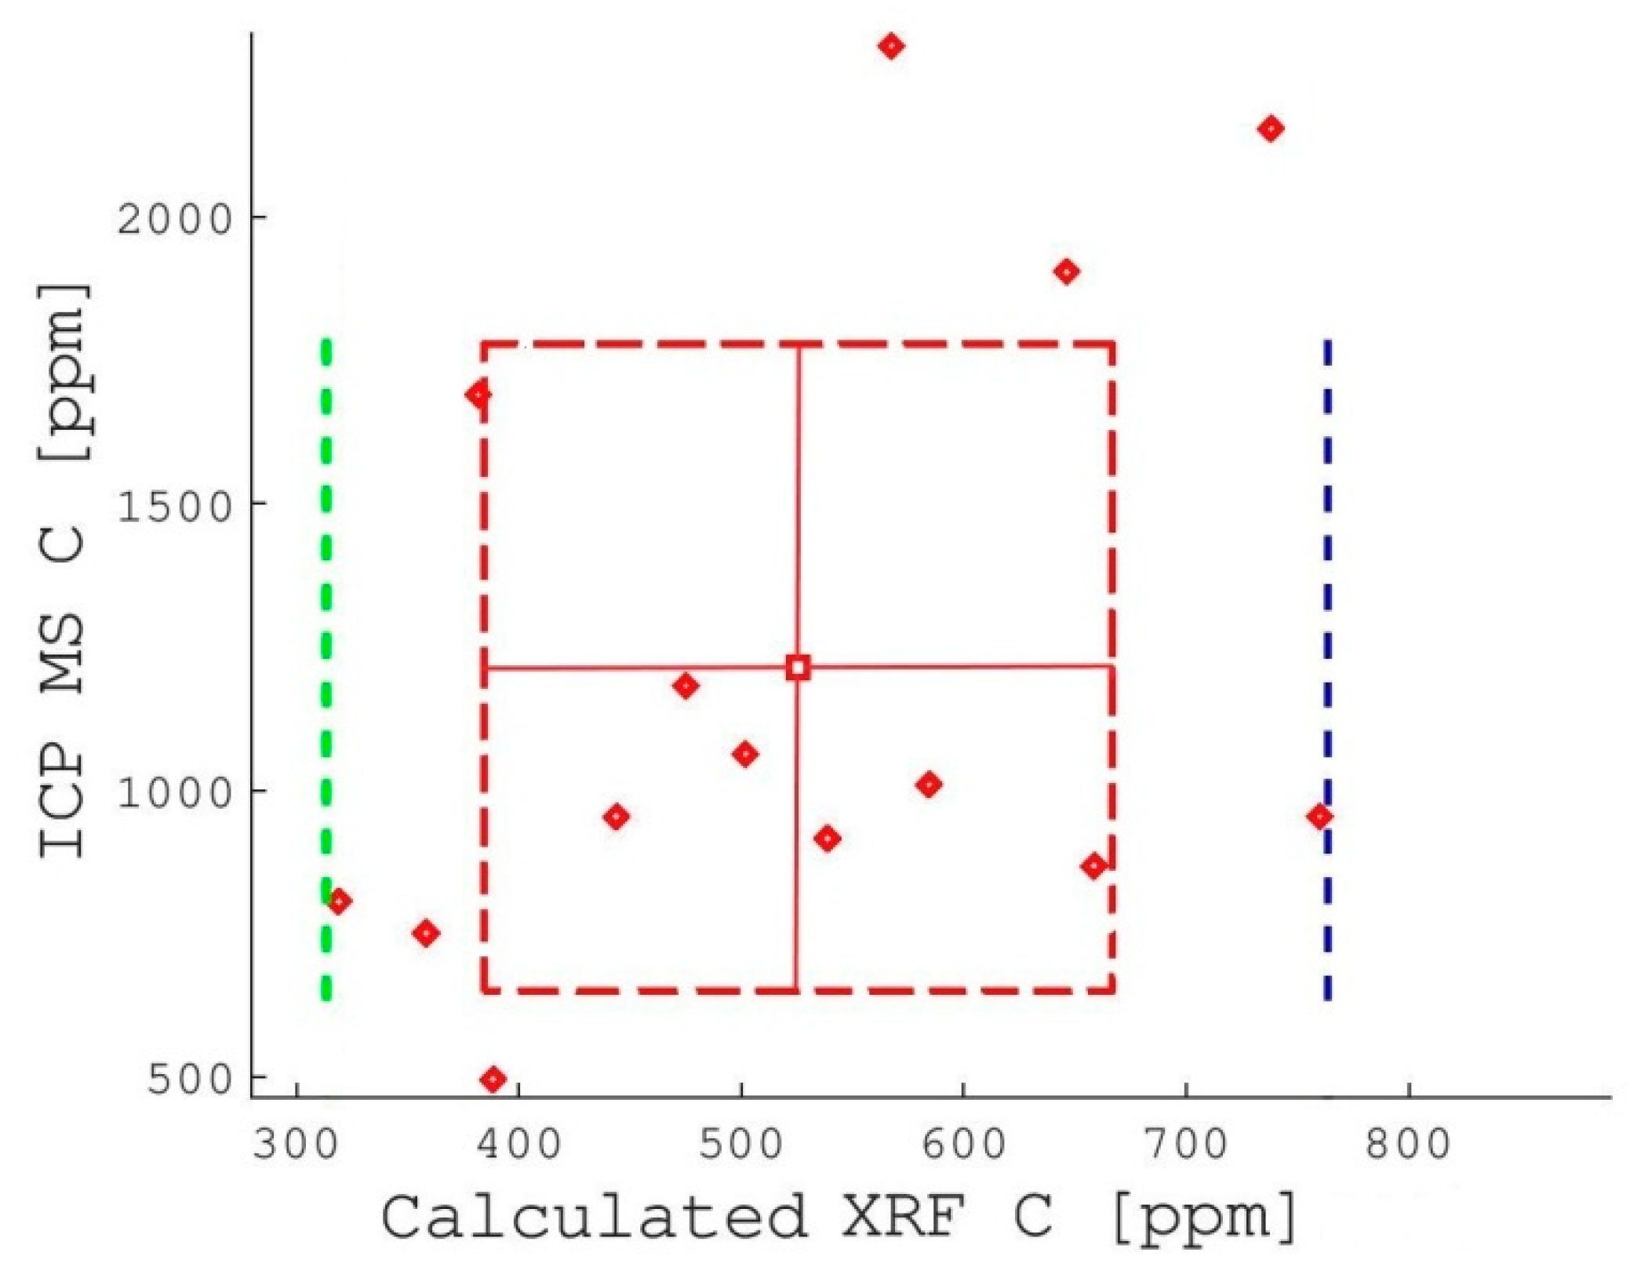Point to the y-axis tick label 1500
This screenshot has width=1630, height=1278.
[x=175, y=504]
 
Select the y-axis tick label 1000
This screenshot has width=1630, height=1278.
[x=175, y=792]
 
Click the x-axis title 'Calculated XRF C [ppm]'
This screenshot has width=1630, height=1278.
[x=839, y=1217]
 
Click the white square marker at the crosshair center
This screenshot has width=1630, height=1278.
[x=798, y=668]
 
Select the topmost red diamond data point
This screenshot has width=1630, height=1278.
[x=890, y=46]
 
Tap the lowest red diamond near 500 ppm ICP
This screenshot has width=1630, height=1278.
[x=493, y=1080]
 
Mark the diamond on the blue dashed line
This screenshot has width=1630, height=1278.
[x=1320, y=817]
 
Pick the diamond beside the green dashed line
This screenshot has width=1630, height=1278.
[x=338, y=901]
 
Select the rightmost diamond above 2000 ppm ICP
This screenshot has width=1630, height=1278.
[x=1271, y=129]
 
